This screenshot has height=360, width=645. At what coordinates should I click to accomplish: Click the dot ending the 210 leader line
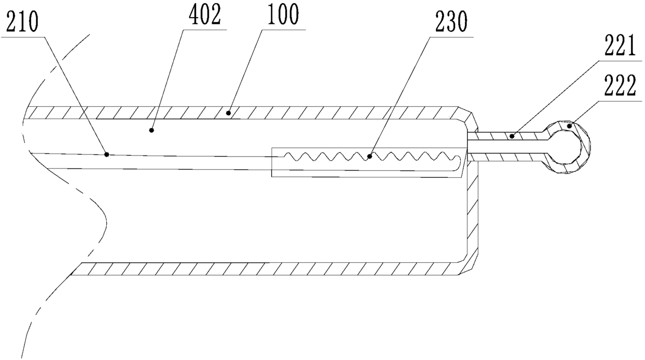click(107, 154)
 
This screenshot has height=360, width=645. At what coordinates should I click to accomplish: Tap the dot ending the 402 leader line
click(152, 130)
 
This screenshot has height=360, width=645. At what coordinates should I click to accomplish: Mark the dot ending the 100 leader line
click(228, 112)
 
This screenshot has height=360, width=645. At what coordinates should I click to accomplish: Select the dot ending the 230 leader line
click(369, 156)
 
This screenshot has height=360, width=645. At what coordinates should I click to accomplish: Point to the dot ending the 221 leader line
click(512, 136)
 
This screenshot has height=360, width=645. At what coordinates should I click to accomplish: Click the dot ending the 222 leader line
click(570, 125)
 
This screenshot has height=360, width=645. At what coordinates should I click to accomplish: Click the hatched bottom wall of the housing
click(260, 268)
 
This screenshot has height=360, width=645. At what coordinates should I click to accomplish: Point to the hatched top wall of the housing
click(312, 112)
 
